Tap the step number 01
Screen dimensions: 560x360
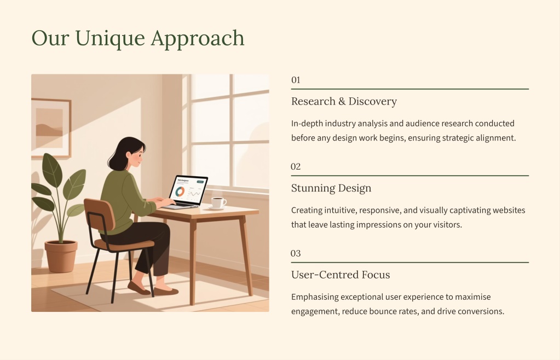296,80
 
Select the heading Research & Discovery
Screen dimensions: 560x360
344,101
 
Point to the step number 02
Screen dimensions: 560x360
296,167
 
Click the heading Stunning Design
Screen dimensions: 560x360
331,188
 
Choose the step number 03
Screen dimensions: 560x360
296,253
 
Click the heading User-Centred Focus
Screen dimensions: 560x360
340,275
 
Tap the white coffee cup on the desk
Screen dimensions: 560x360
218,202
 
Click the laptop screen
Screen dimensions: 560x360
189,191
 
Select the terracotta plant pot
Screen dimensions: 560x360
61,256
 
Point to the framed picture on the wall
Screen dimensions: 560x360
51,128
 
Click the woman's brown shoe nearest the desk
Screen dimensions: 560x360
166,291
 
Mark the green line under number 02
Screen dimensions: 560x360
410,176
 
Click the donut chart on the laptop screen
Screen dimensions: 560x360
180,191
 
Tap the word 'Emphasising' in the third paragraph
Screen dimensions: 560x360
315,297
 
